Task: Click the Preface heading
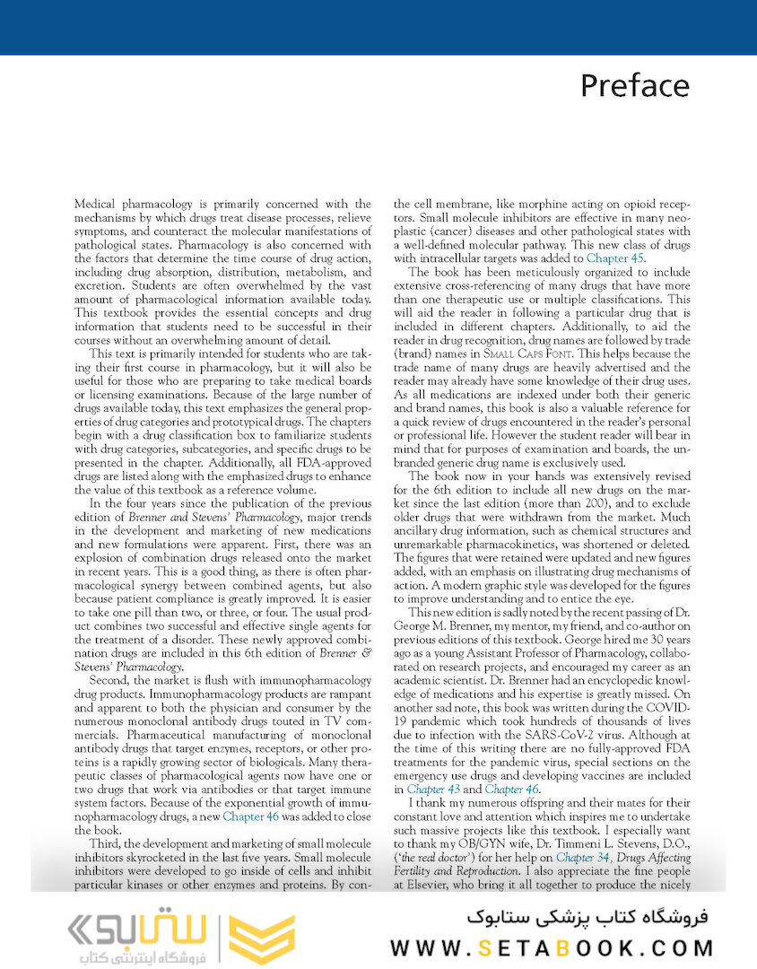click(634, 85)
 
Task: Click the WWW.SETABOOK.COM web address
click(552, 947)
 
